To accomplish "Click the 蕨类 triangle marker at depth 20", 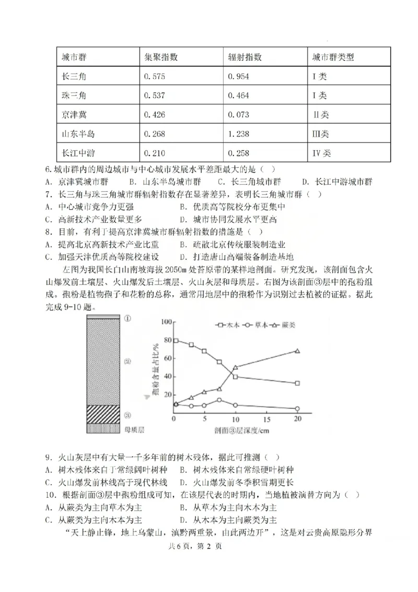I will tap(297, 351).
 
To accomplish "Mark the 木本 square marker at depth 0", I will tap(175, 340).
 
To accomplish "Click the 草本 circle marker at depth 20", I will tap(297, 409).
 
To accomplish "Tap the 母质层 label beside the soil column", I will tap(137, 428).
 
